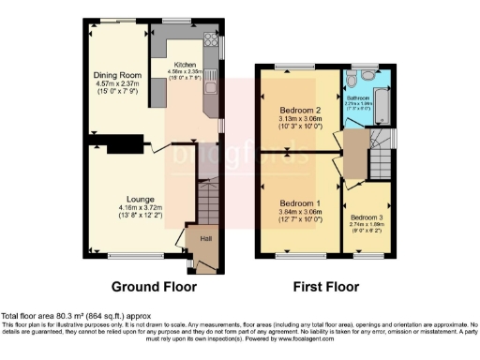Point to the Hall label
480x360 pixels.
[203, 239]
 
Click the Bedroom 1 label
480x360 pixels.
[299, 203]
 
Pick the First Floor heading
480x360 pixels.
[326, 286]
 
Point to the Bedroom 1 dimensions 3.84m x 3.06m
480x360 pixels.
[299, 213]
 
